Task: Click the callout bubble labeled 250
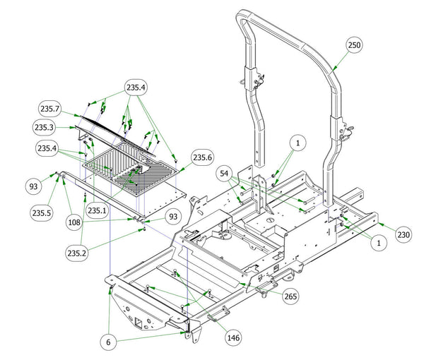(355, 44)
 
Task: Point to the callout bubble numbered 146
(232, 338)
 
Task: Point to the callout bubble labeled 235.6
(202, 157)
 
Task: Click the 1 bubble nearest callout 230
(379, 243)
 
